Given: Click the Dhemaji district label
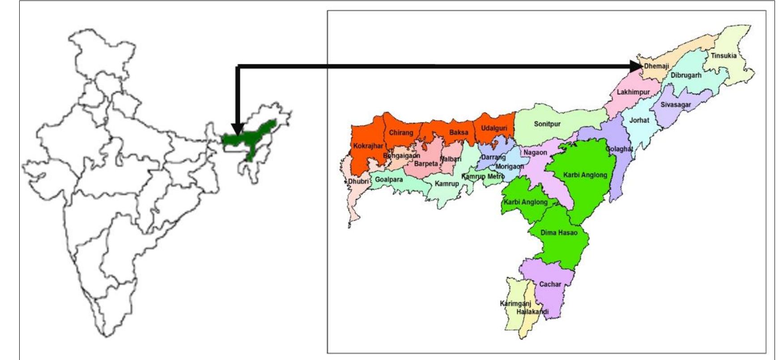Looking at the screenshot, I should (x=656, y=66).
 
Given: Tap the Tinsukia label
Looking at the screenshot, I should (x=723, y=56).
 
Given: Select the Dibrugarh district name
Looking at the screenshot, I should (x=686, y=75).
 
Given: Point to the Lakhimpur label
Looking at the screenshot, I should (x=633, y=92).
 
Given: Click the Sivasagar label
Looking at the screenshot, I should (x=676, y=105).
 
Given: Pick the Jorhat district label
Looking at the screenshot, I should (x=639, y=120).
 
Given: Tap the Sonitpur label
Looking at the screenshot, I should (x=547, y=124).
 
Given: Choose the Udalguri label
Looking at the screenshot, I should (x=494, y=128).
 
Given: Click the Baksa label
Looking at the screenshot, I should (x=459, y=132).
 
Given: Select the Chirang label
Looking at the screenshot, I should (x=401, y=133).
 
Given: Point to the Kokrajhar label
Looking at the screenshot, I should (x=368, y=146).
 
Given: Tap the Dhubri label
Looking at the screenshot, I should (x=358, y=182).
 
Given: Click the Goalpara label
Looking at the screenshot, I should (x=389, y=179).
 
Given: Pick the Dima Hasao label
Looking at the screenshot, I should (x=559, y=233).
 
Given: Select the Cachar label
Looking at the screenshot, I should (x=550, y=284).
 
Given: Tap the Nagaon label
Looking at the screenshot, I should (x=535, y=152).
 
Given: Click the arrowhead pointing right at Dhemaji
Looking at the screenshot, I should (x=636, y=66).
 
